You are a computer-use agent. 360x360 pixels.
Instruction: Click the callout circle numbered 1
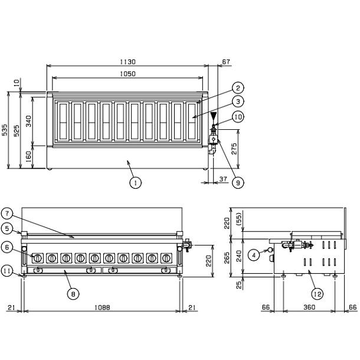point(136,182)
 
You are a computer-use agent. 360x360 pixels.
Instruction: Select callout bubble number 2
point(236,87)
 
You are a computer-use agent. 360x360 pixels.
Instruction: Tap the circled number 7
point(24,212)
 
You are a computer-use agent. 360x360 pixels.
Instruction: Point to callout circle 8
point(73,292)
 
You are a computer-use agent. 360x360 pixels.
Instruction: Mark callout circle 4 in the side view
point(253,255)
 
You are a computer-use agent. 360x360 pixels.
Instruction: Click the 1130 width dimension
point(127,61)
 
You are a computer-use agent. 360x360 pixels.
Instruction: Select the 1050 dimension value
point(127,74)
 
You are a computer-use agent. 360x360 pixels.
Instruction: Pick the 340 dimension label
point(28,121)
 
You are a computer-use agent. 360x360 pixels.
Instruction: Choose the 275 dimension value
point(235,149)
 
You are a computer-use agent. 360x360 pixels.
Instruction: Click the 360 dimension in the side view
point(309,307)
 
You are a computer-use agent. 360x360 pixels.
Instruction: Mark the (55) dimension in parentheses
point(239,218)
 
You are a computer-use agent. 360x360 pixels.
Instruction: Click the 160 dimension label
point(28,156)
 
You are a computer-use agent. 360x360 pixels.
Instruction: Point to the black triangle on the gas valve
point(214,117)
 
